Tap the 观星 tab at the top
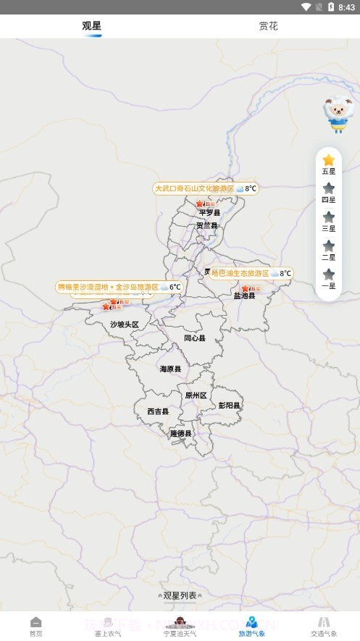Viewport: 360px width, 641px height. (x=92, y=26)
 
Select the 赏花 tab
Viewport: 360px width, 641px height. (x=268, y=26)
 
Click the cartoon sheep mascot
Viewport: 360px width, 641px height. (x=336, y=114)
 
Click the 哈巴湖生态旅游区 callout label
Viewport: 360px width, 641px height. (x=251, y=273)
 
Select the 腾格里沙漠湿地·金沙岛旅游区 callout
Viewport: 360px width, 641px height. (x=119, y=287)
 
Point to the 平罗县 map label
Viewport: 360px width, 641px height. (x=209, y=213)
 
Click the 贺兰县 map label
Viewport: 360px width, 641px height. (x=206, y=225)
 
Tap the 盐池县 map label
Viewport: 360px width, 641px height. (x=244, y=296)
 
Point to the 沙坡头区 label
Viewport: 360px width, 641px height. (x=124, y=324)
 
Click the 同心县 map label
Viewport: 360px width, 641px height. (x=194, y=338)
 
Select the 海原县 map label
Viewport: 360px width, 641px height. (x=170, y=369)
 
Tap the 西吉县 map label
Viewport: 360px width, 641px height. (x=157, y=411)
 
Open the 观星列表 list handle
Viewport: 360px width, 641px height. (x=180, y=595)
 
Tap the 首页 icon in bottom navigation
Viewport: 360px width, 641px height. (x=35, y=626)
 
